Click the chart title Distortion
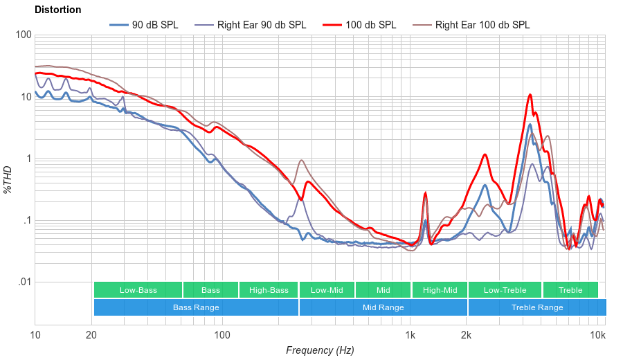point(57,10)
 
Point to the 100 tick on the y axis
point(23,35)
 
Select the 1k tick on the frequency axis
point(410,336)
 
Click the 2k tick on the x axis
point(467,336)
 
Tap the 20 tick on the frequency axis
point(91,336)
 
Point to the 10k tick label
point(597,336)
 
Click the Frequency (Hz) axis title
point(320,350)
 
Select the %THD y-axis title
point(8,179)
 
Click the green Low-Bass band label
point(138,290)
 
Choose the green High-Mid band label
point(440,290)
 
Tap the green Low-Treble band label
point(505,290)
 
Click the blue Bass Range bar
point(196,307)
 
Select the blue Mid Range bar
point(383,307)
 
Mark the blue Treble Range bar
point(536,307)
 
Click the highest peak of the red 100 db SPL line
point(530,95)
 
